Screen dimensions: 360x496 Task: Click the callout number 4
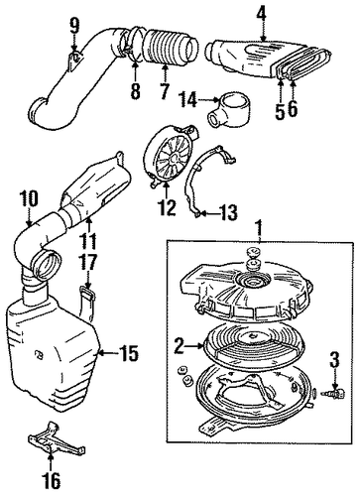pos(262,14)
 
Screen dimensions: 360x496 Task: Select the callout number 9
pos(74,25)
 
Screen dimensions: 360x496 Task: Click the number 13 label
pos(228,212)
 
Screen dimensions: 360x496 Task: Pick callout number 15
pos(128,353)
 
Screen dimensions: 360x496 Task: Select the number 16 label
pos(52,480)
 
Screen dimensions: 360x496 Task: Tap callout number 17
pos(87,263)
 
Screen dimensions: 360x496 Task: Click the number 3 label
pos(334,360)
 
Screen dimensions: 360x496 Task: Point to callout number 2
pos(179,346)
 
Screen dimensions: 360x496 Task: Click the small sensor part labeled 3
pos(336,394)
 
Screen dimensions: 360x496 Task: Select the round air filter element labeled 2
pos(254,344)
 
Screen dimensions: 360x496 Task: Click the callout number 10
pos(29,198)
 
